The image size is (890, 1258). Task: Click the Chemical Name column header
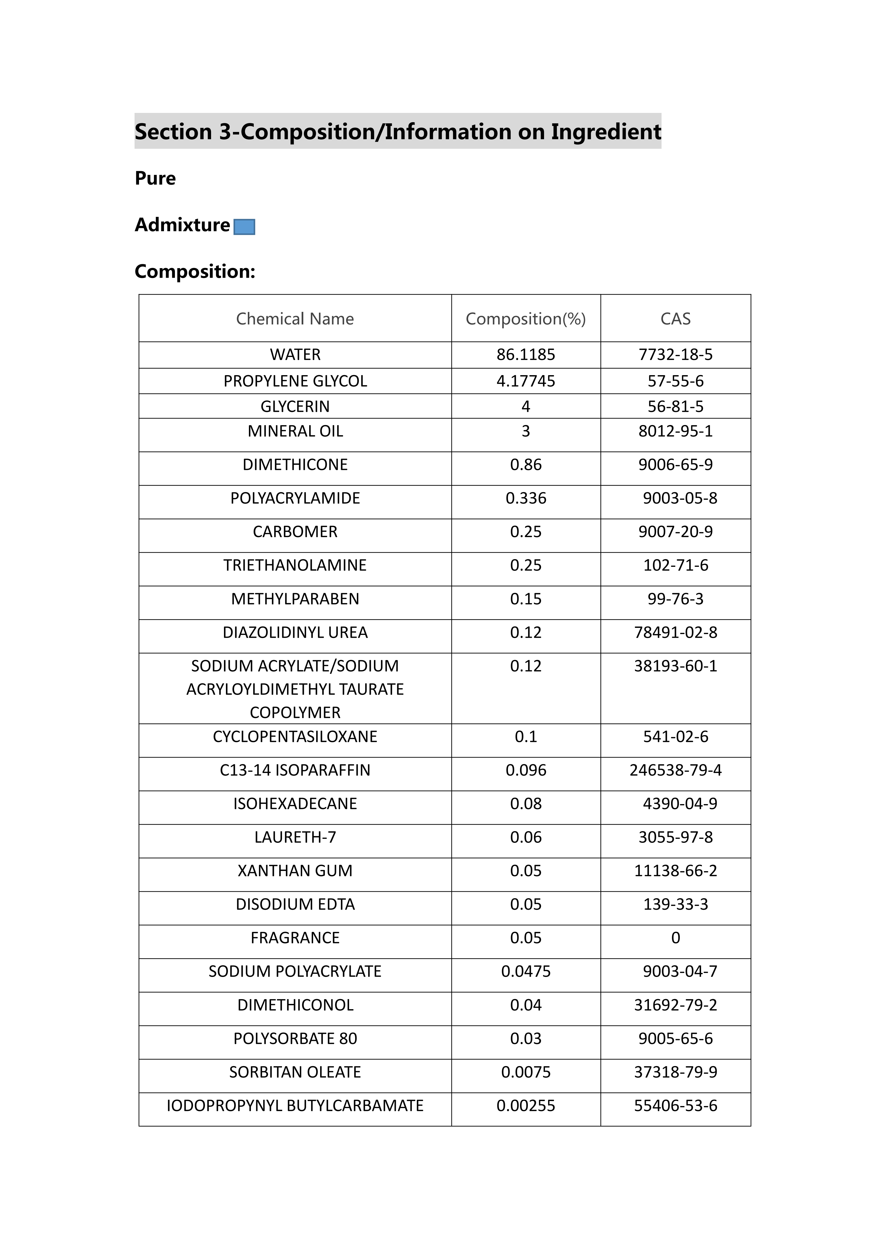295,319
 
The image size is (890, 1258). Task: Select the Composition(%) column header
526,319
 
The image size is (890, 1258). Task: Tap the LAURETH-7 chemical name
295,837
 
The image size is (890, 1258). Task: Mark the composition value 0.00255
526,1106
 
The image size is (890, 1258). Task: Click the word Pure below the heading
155,179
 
